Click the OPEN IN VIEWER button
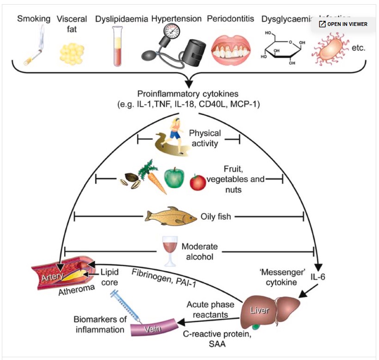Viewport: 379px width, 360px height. pos(343,24)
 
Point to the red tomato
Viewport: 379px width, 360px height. pos(198,182)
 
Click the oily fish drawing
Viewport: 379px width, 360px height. pos(171,216)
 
